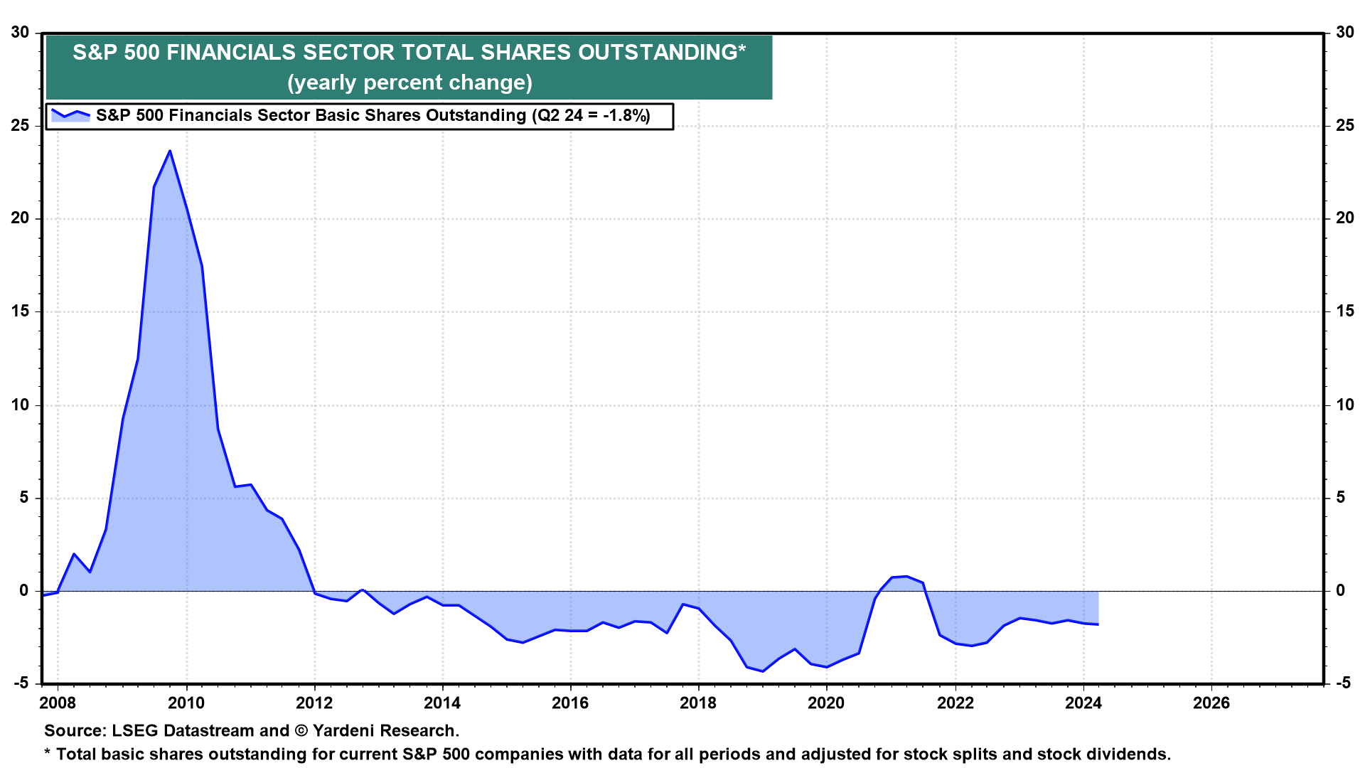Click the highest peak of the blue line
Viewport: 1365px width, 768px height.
[x=170, y=151]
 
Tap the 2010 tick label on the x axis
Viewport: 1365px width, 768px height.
[x=186, y=703]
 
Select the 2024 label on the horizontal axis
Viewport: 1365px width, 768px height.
[x=1083, y=703]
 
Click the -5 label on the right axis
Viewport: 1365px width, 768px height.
[x=1343, y=683]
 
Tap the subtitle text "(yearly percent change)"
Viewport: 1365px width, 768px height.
[x=409, y=82]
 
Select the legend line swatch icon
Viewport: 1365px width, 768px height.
[x=70, y=115]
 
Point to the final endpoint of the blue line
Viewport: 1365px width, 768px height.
[x=1098, y=624]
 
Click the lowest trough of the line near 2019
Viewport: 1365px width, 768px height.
[x=763, y=671]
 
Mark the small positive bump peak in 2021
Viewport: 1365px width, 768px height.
[x=906, y=576]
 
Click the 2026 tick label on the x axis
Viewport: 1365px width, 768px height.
[x=1211, y=703]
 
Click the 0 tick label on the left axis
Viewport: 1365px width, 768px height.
[x=25, y=591]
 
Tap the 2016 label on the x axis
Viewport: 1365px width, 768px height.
[x=570, y=703]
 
